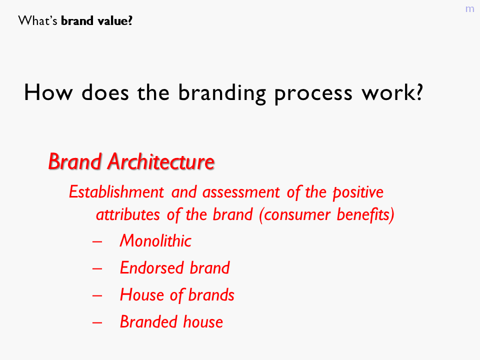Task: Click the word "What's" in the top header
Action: pyautogui.click(x=37, y=21)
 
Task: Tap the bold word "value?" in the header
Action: pyautogui.click(x=115, y=21)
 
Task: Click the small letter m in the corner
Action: pyautogui.click(x=469, y=9)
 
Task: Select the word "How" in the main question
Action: pyautogui.click(x=48, y=92)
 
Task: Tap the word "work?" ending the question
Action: pyautogui.click(x=392, y=92)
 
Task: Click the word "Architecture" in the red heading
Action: pyautogui.click(x=160, y=161)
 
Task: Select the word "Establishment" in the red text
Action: pyautogui.click(x=116, y=192)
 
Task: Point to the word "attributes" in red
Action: pyautogui.click(x=128, y=214)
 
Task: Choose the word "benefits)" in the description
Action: pyautogui.click(x=365, y=214)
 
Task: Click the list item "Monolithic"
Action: pyautogui.click(x=155, y=240)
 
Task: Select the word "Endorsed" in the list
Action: pyautogui.click(x=151, y=268)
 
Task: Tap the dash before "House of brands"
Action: pyautogui.click(x=97, y=295)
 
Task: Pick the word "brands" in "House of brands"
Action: pyautogui.click(x=211, y=295)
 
